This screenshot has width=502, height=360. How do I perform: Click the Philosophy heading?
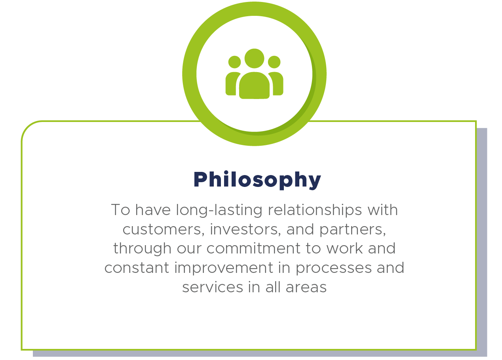pos(257,180)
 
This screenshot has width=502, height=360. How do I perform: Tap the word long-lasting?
pos(219,210)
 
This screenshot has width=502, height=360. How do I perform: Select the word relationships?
pos(315,210)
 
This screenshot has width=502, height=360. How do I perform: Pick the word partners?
pos(352,230)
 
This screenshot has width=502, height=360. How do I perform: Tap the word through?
pos(142,249)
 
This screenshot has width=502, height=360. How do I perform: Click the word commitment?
pos(253,248)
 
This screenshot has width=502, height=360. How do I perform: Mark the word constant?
pos(137,268)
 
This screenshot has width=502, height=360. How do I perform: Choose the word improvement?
pos(224,268)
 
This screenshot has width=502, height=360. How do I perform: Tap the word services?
pos(213,288)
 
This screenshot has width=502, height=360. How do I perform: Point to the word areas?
pos(306,288)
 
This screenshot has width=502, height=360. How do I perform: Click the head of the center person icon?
pos(254,58)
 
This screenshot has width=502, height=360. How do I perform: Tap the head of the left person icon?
pos(234,62)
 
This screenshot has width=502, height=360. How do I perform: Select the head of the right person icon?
pos(274,62)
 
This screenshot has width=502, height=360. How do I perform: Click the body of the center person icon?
pos(254,86)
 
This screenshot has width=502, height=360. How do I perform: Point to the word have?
pos(152,210)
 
